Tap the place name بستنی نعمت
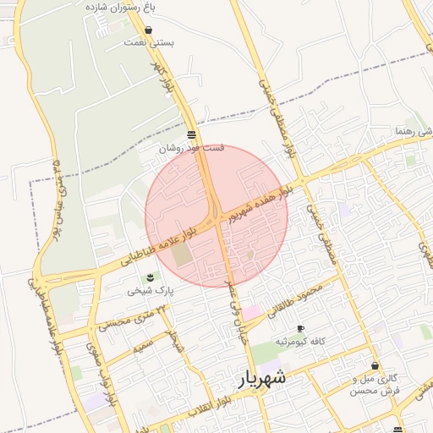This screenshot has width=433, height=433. pos(149,41)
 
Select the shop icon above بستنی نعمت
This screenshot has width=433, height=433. pos(149,30)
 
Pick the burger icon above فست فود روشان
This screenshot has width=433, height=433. pos(192,134)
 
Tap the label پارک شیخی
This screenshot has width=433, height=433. pos(151,290)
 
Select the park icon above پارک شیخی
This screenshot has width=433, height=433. pos(150,277)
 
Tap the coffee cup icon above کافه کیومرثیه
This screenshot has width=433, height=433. pos(299,329)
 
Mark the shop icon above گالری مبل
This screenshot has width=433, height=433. pos(375,366)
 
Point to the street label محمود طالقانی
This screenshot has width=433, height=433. pos(296,299)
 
